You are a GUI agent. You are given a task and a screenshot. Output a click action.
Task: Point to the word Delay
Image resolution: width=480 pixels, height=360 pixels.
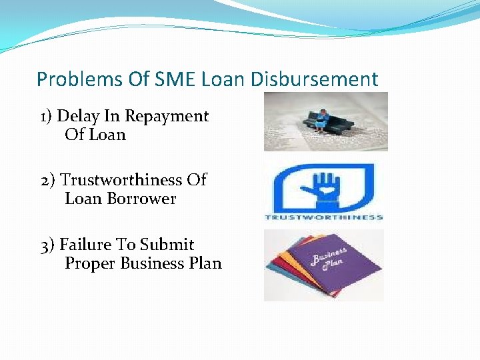75,116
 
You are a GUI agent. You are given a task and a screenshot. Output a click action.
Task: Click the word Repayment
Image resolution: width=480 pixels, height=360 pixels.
167,117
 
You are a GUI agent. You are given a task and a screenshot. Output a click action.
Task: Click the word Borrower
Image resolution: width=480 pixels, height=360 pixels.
145,199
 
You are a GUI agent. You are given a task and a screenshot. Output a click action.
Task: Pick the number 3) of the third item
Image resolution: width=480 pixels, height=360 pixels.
47,245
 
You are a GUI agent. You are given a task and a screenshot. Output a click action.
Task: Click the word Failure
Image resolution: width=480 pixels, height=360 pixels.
85,245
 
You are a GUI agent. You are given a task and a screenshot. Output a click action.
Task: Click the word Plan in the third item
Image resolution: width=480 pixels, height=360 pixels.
205,263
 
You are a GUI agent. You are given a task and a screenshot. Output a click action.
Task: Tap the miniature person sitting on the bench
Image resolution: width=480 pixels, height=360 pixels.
323,118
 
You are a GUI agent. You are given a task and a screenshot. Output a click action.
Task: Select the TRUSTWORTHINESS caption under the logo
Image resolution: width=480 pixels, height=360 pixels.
324,217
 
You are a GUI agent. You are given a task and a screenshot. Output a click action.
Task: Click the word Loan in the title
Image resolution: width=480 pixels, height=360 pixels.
223,80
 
